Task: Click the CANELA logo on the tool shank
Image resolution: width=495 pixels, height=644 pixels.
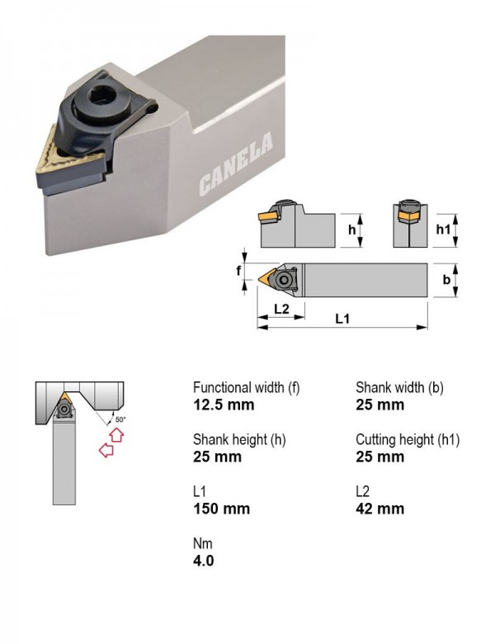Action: click(x=236, y=163)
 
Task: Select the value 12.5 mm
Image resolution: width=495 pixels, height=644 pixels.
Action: click(x=224, y=405)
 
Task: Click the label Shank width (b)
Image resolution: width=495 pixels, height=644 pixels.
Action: click(x=399, y=388)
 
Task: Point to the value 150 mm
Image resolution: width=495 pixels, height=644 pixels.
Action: click(x=222, y=509)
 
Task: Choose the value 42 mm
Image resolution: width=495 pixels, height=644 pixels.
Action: click(x=380, y=509)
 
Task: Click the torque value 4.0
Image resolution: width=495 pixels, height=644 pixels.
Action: click(x=204, y=561)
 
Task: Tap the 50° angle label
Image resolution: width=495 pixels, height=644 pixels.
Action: click(x=120, y=419)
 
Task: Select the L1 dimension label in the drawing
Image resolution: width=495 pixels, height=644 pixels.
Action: click(x=342, y=319)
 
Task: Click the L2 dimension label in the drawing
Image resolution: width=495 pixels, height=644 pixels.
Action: click(x=281, y=309)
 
